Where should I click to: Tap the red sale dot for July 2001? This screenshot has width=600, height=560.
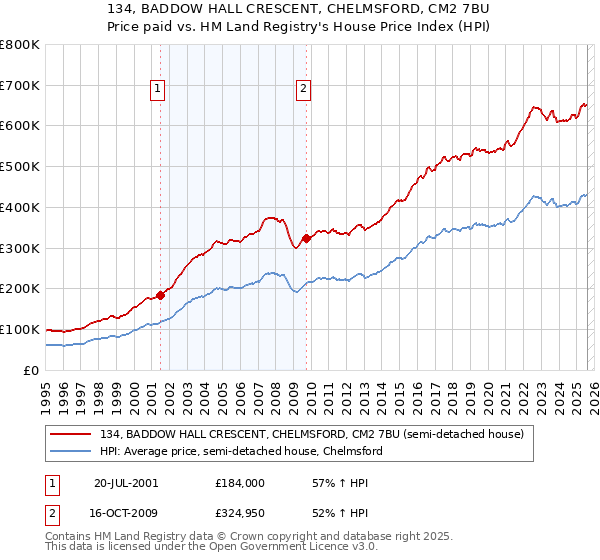(x=161, y=295)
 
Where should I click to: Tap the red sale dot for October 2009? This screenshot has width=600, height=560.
(x=306, y=238)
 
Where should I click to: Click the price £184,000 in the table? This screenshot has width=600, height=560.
(x=239, y=482)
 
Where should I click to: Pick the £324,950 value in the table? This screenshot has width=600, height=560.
(x=239, y=512)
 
